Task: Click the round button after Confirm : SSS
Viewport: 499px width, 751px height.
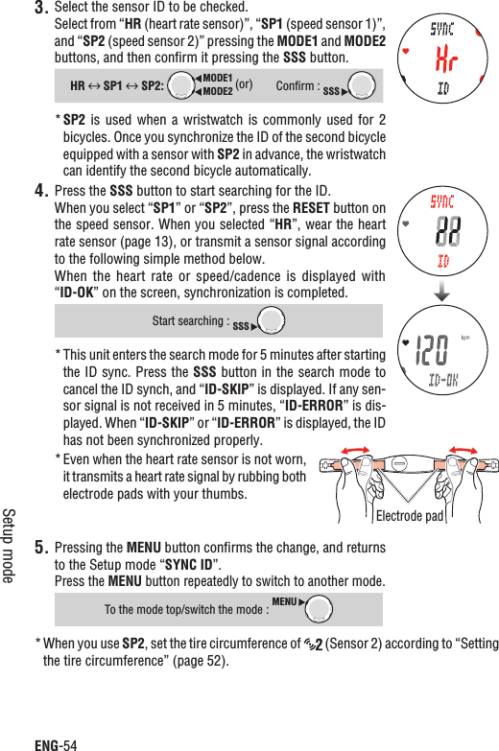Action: [x=361, y=85]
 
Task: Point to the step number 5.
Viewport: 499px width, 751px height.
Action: [x=40, y=550]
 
